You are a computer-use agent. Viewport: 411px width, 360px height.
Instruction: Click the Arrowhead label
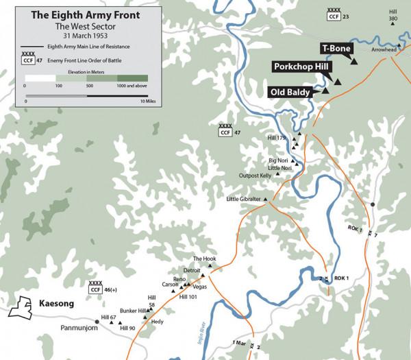[384, 50]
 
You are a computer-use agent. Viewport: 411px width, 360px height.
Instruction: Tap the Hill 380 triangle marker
[393, 24]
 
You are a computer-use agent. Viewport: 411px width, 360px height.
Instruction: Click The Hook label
[204, 259]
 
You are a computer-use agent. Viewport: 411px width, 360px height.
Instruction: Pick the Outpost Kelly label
[255, 176]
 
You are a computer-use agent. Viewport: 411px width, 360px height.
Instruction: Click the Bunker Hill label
[134, 311]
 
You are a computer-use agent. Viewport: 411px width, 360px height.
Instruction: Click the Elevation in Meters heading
[88, 70]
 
